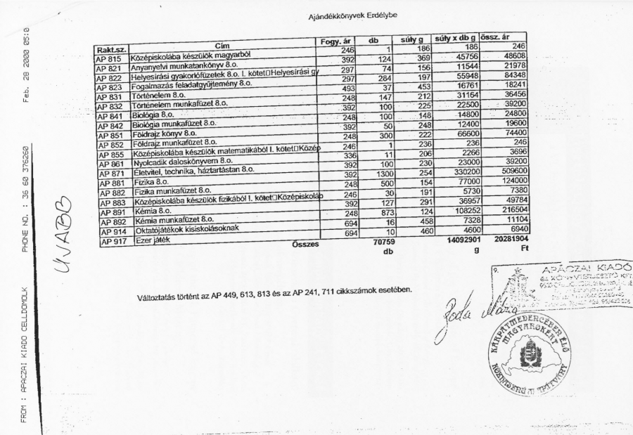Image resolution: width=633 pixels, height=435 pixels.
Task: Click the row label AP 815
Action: click(109, 60)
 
